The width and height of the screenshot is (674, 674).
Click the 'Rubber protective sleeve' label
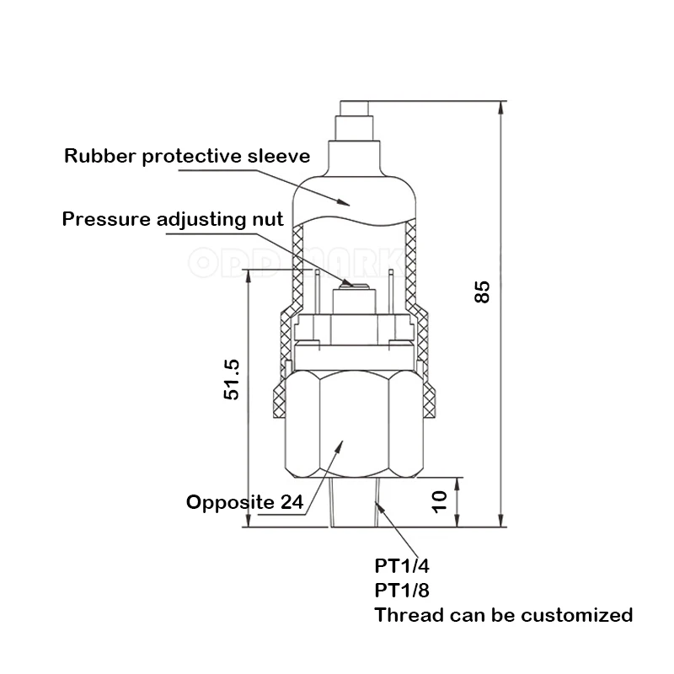click(187, 156)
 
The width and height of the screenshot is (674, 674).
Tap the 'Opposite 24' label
click(244, 503)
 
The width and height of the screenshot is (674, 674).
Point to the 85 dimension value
click(481, 292)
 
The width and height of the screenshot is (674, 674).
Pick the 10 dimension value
click(438, 503)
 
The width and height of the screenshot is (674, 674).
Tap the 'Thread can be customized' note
click(503, 615)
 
